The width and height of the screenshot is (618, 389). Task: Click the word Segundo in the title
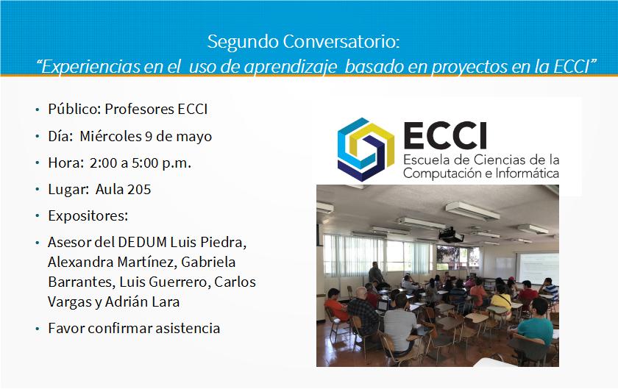pyautogui.click(x=243, y=42)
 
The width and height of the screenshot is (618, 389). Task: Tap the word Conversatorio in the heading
pyautogui.click(x=340, y=41)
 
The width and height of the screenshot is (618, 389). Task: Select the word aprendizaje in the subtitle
pyautogui.click(x=291, y=67)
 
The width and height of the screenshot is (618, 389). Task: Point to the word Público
pyautogui.click(x=74, y=109)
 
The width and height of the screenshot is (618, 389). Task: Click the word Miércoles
pyautogui.click(x=111, y=136)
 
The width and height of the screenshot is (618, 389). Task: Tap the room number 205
pyautogui.click(x=138, y=190)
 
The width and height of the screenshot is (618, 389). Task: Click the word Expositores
pyautogui.click(x=87, y=216)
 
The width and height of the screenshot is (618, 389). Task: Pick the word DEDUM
pyautogui.click(x=142, y=243)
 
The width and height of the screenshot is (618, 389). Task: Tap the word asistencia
pyautogui.click(x=188, y=328)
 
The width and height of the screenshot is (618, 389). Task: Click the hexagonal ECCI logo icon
pyautogui.click(x=366, y=149)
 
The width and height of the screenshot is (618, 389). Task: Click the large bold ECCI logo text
pyautogui.click(x=445, y=135)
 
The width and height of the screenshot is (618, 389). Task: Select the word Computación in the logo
pyautogui.click(x=442, y=174)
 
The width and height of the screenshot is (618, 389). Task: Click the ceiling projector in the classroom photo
pyautogui.click(x=451, y=235)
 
